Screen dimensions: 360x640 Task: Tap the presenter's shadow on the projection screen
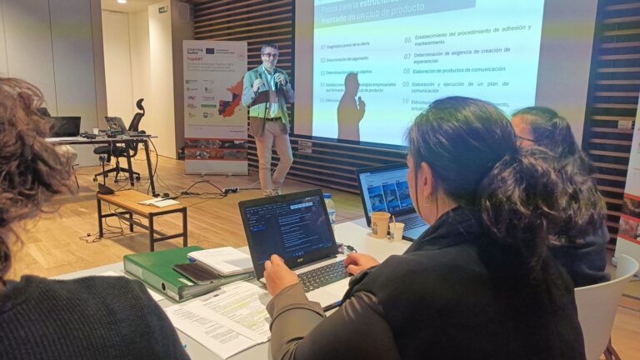(x=350, y=108)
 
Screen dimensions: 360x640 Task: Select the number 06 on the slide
(x=407, y=40)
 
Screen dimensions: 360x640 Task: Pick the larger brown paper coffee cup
(x=380, y=224)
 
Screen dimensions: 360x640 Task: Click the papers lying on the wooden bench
(x=158, y=201)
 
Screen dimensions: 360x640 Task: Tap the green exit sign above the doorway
(x=162, y=9)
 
